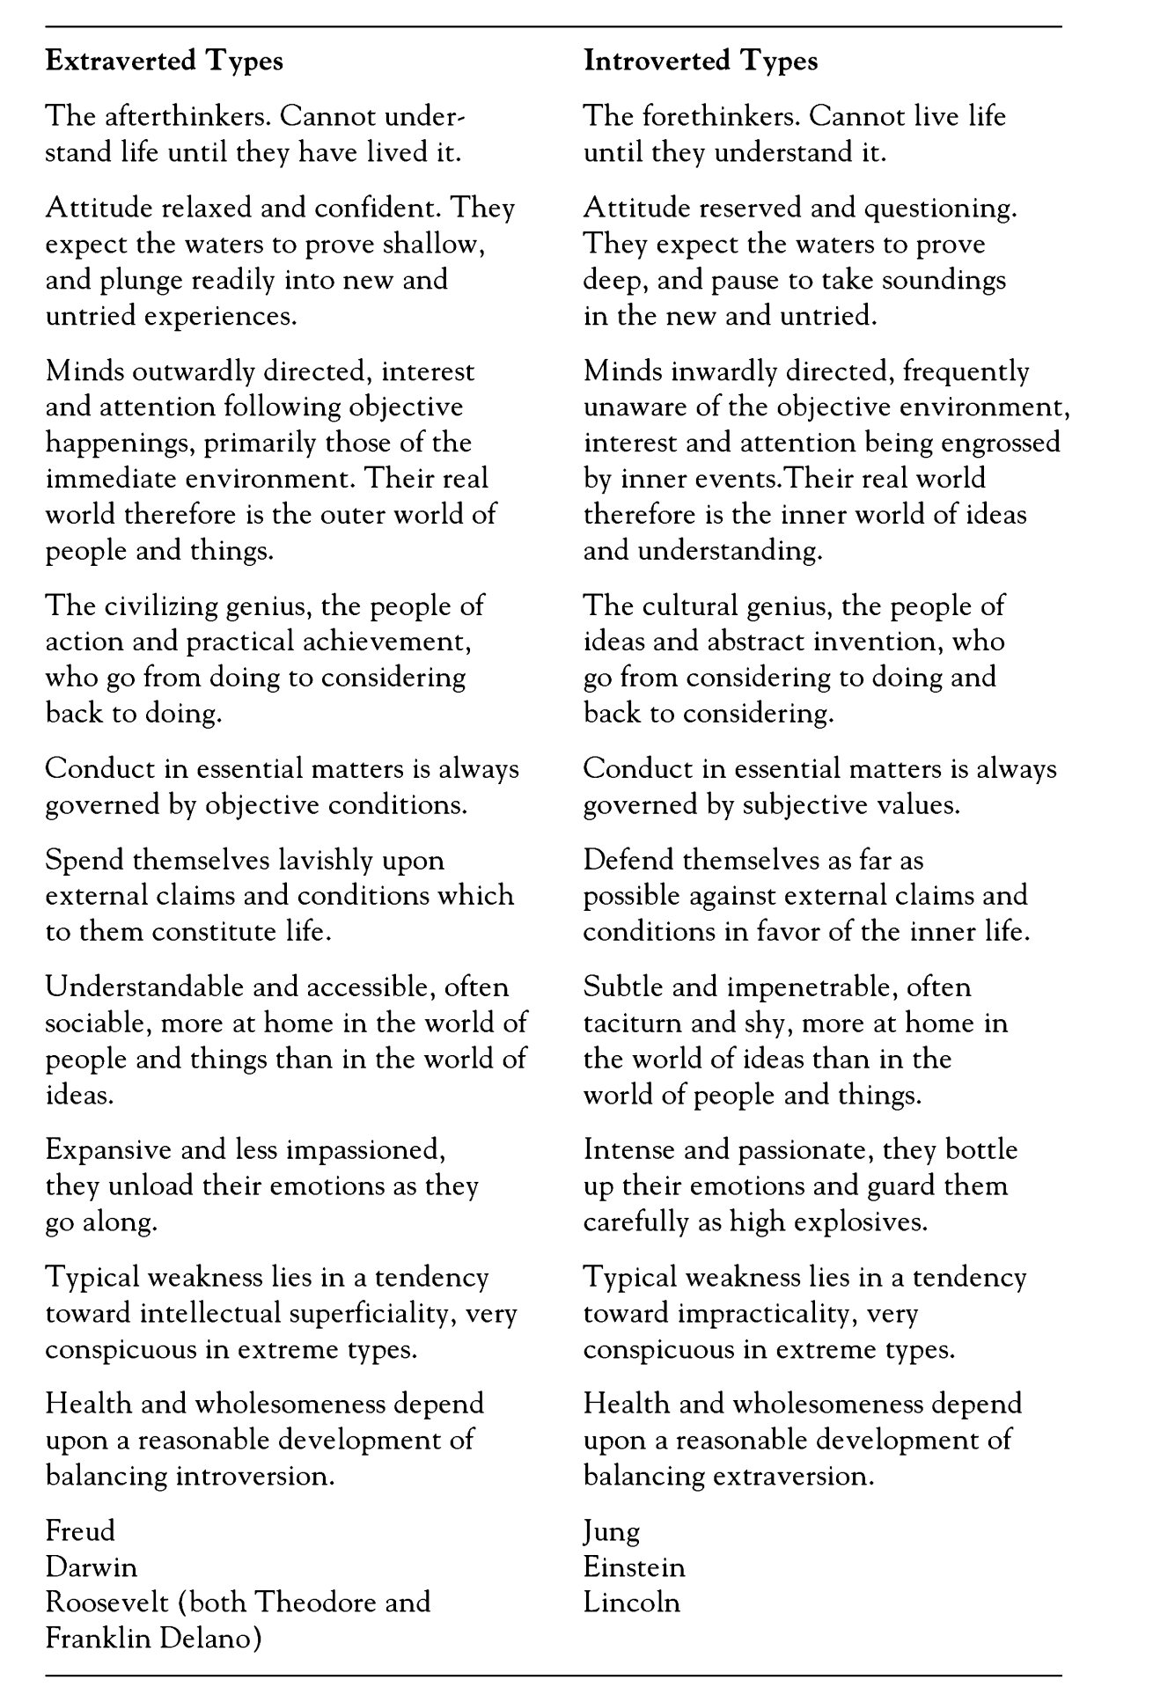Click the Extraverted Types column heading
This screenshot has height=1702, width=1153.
(x=164, y=61)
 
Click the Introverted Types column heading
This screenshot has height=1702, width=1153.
(x=701, y=61)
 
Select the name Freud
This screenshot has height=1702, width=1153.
(x=80, y=1530)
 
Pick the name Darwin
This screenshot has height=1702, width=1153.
(x=92, y=1566)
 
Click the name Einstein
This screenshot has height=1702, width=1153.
(x=634, y=1566)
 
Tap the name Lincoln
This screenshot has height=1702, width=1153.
(x=631, y=1602)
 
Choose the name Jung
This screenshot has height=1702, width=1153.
(x=611, y=1532)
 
